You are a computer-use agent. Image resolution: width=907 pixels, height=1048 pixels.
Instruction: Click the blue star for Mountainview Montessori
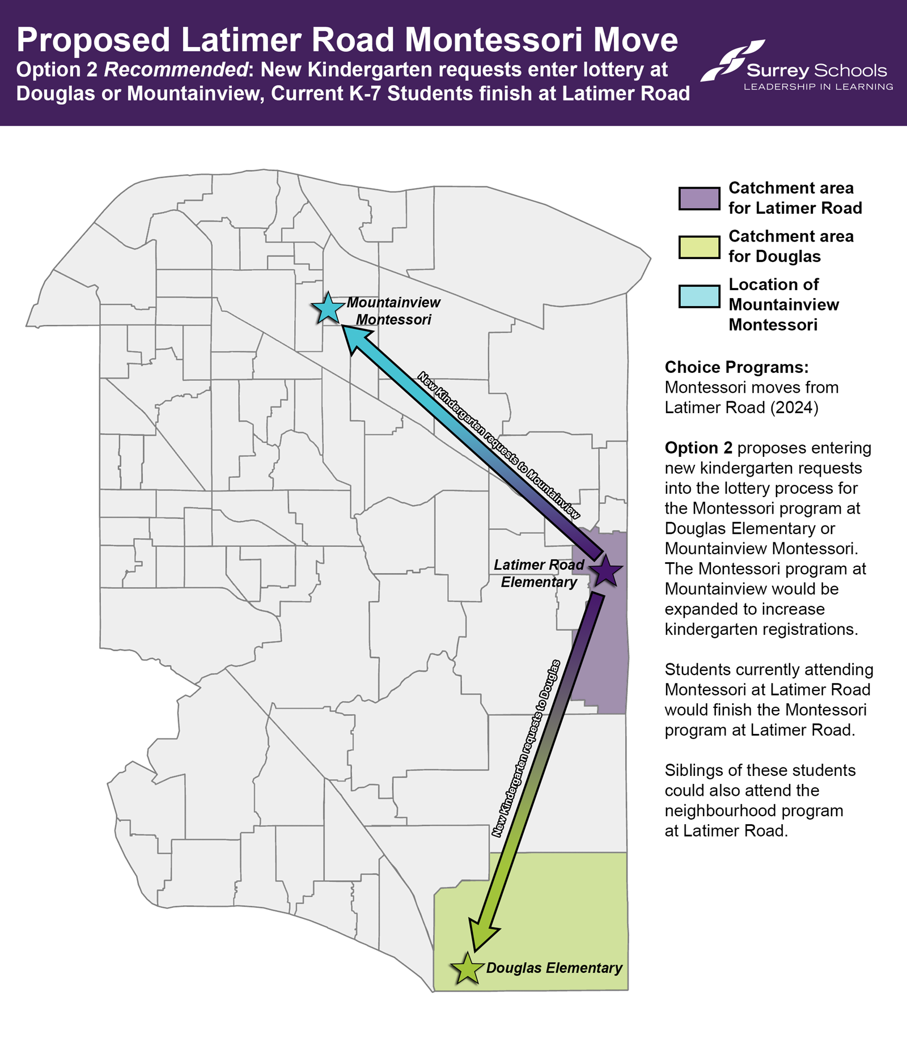click(x=328, y=309)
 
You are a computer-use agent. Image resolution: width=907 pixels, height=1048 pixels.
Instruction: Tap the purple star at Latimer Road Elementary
click(x=606, y=571)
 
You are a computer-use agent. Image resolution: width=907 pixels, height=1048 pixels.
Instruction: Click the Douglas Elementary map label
click(x=554, y=968)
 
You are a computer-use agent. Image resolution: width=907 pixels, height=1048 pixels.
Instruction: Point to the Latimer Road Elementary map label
click(x=539, y=573)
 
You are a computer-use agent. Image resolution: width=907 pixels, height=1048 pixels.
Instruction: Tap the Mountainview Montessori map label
click(x=393, y=311)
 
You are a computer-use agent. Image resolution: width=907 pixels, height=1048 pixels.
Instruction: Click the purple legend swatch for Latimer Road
click(x=699, y=198)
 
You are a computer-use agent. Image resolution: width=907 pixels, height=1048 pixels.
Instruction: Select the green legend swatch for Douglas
click(x=699, y=247)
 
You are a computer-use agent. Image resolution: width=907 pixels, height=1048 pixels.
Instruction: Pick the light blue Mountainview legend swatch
click(x=699, y=296)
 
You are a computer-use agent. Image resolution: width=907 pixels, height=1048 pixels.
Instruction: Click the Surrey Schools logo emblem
click(x=731, y=60)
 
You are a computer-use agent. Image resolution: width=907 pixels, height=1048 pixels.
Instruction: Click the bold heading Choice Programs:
click(x=736, y=367)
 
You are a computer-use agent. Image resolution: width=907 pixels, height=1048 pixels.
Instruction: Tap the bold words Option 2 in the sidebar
click(x=698, y=448)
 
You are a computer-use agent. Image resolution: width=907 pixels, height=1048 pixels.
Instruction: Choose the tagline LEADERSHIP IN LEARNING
click(x=818, y=87)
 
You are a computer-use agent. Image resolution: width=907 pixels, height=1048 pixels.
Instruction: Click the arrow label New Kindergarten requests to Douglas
click(x=526, y=748)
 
